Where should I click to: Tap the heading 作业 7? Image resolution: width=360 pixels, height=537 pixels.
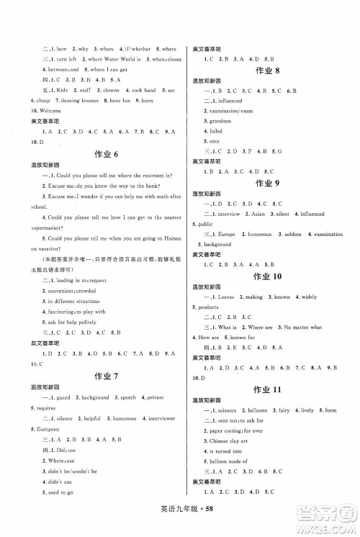[102, 375]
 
